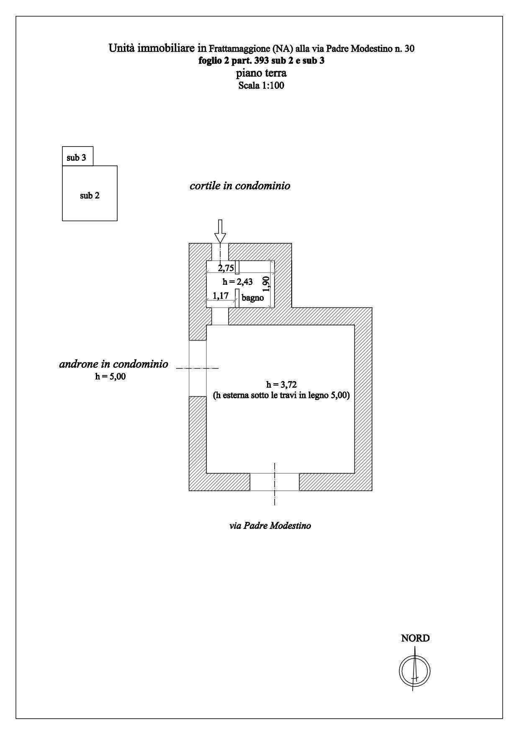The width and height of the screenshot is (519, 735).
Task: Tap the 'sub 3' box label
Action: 77,158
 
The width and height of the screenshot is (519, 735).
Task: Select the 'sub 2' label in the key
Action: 90,196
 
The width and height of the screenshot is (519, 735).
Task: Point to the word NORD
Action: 415,638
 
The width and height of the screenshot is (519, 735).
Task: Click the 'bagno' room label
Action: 252,298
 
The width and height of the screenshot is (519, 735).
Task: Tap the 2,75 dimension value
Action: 226,268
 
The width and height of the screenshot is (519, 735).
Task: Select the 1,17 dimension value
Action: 221,296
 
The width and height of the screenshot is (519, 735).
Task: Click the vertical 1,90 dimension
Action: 266,284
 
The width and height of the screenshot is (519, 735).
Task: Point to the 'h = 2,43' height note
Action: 237,282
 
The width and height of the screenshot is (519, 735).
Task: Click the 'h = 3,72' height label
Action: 281,384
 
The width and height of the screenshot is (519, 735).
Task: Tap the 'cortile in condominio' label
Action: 240,186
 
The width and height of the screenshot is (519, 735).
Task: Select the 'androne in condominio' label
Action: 113,364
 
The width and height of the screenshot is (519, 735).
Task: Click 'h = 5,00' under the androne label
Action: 110,377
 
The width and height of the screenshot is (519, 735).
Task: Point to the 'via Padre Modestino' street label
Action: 270,526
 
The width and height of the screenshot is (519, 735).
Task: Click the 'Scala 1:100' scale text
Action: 261,86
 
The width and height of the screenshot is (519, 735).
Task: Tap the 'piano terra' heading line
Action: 261,73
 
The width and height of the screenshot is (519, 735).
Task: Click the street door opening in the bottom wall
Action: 275,482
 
